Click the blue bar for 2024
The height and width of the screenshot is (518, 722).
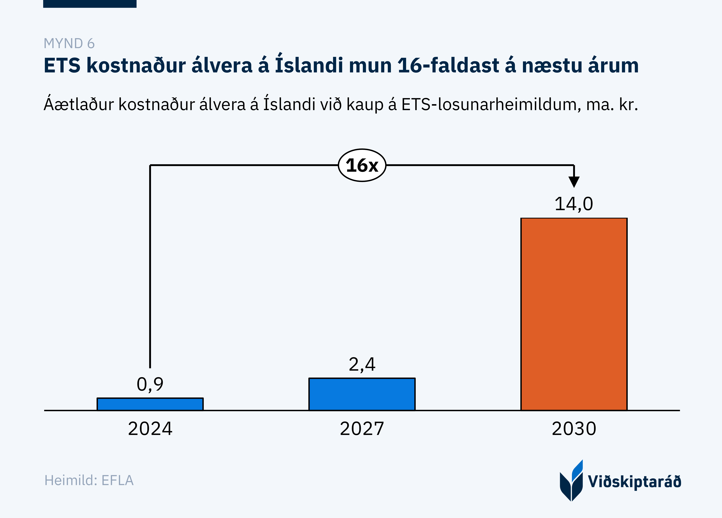coord(150,404)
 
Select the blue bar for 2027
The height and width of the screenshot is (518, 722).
coord(362,394)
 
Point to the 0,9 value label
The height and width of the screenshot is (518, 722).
coord(150,384)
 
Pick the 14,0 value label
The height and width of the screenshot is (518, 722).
coord(574,204)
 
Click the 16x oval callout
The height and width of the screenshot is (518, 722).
coord(362,165)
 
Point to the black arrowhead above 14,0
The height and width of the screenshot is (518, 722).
coord(574,182)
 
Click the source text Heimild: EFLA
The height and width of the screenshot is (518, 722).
coord(89,480)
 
